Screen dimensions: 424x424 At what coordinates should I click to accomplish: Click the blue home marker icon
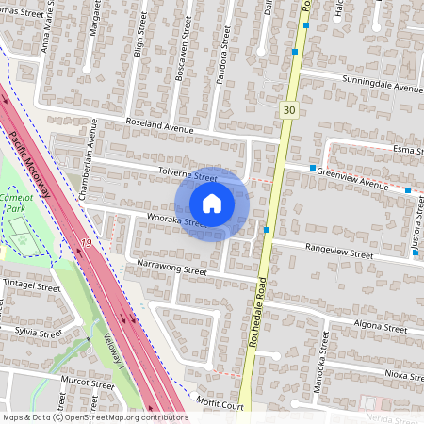click(x=212, y=204)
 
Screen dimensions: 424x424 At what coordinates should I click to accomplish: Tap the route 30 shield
click(x=288, y=111)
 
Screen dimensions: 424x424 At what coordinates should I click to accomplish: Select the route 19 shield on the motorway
click(x=86, y=244)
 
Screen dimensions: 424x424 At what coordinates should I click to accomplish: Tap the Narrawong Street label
click(x=171, y=269)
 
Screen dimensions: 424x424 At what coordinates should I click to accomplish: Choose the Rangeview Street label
click(x=336, y=253)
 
